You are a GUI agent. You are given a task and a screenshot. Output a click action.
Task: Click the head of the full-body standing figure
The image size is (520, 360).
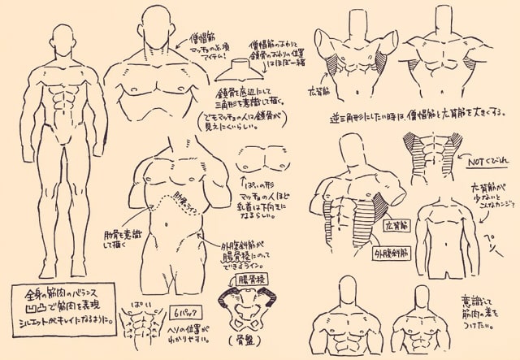[x=63, y=37]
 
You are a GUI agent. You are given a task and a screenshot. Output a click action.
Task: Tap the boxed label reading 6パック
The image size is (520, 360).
[x=183, y=312]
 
